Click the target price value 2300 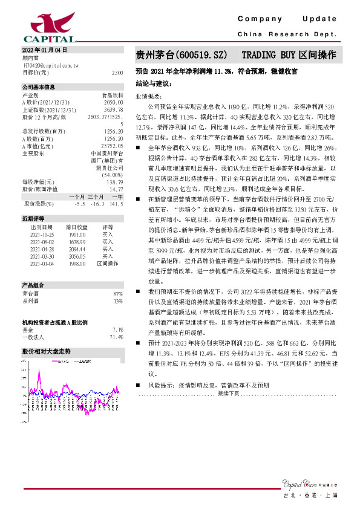[118, 72]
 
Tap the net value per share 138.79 [116, 182]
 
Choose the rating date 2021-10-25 [41, 235]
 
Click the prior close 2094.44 [78, 248]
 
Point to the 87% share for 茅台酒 [118, 293]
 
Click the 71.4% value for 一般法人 [116, 337]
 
